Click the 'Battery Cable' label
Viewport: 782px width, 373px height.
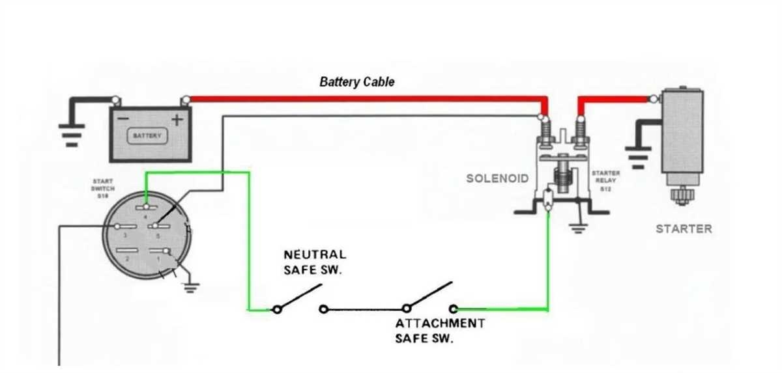pyautogui.click(x=356, y=82)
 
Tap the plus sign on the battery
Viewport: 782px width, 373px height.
pyautogui.click(x=177, y=119)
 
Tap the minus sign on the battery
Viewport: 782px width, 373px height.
pyautogui.click(x=124, y=119)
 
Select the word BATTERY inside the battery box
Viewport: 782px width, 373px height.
pyautogui.click(x=147, y=136)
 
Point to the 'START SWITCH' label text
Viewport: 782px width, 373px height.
pyautogui.click(x=103, y=188)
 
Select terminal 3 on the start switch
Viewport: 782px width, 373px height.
pyautogui.click(x=124, y=226)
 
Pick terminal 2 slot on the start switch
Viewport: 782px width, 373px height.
pyautogui.click(x=124, y=251)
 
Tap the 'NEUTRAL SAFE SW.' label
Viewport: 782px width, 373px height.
pyautogui.click(x=314, y=262)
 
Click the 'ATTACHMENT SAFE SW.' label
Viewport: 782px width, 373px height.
pyautogui.click(x=440, y=331)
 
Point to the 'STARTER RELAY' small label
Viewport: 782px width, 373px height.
pyautogui.click(x=605, y=181)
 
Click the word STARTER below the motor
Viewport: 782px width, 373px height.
pyautogui.click(x=684, y=229)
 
